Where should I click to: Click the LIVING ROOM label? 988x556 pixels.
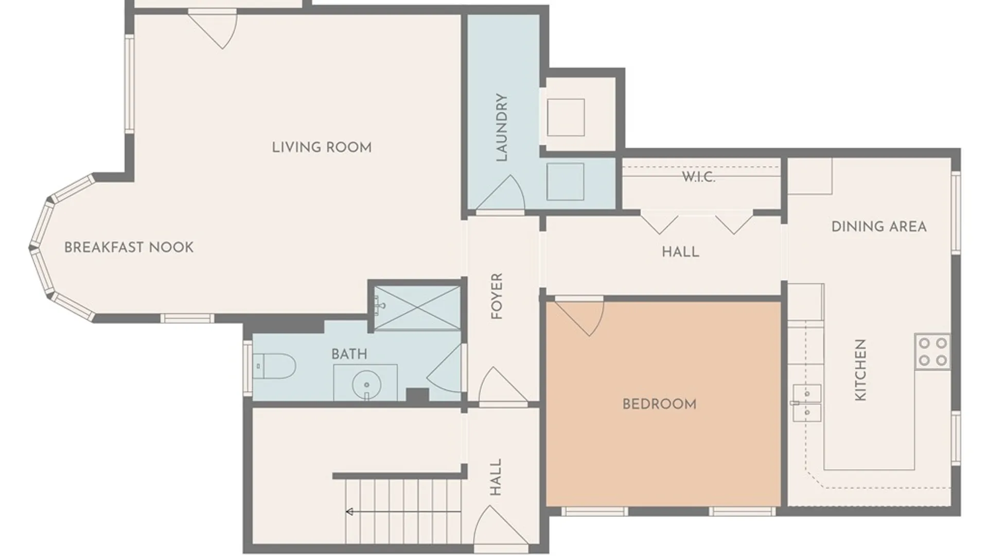pos(322,147)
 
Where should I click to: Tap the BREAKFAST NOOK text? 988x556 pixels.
pos(129,247)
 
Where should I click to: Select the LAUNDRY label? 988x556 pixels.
pos(501,127)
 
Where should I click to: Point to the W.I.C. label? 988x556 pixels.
pos(698,177)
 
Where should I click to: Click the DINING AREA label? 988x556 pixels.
pos(879,227)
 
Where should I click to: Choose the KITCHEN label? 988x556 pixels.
pos(860,370)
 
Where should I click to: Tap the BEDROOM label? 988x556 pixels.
pos(660,404)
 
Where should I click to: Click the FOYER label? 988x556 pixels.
pos(497,296)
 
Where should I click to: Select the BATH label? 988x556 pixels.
pos(349,354)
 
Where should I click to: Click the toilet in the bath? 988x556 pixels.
pos(274,366)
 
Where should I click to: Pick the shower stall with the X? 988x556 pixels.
pos(417,307)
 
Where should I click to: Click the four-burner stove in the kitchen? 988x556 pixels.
pos(932,351)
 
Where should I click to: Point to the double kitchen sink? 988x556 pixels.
pos(806,403)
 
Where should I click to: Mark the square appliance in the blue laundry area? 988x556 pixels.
pos(565,182)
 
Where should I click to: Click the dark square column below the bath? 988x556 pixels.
pos(417,395)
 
